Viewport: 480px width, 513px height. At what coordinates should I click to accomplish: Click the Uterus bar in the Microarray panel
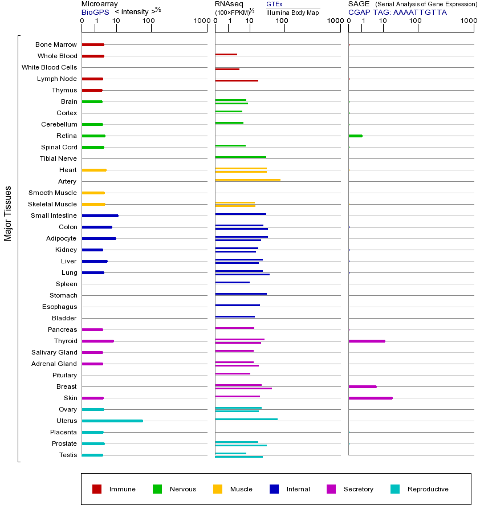tap(112, 421)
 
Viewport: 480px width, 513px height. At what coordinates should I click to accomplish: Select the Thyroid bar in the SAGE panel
tap(367, 341)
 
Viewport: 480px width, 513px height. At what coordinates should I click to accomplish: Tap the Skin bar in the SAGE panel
tap(370, 398)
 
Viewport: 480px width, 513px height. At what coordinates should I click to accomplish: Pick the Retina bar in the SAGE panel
tap(355, 136)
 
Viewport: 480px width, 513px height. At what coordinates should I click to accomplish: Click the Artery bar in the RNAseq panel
tap(247, 180)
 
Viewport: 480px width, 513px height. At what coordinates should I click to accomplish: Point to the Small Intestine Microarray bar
tap(100, 215)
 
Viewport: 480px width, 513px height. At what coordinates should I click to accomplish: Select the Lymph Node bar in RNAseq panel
tap(237, 80)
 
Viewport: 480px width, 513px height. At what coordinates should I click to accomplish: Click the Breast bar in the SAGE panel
tap(362, 386)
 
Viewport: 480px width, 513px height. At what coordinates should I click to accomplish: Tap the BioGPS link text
tap(95, 12)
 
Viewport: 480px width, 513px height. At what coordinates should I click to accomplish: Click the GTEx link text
tap(274, 5)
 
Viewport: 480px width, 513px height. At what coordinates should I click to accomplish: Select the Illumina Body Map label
tap(292, 13)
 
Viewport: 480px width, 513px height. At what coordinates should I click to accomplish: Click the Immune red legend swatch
tap(97, 489)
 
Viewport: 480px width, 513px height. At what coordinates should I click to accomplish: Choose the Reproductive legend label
tap(428, 489)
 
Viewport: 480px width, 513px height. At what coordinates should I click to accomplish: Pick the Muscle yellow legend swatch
tap(218, 489)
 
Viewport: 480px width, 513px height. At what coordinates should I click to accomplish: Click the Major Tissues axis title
tap(8, 213)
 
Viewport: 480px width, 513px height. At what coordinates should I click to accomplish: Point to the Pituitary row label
tap(64, 375)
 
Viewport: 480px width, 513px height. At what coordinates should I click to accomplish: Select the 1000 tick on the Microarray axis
tap(201, 21)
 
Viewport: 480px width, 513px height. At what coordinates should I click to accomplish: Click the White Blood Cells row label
tap(49, 67)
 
